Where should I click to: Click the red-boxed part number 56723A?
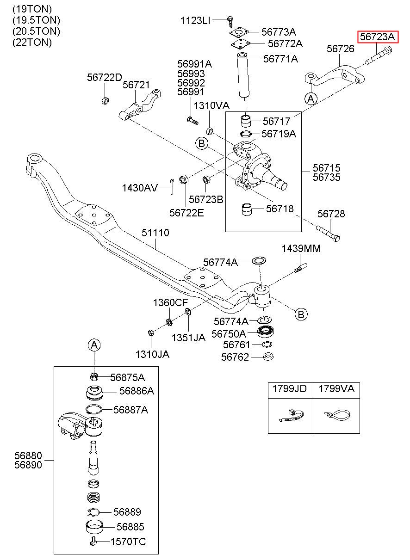377,37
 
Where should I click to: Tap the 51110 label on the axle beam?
155,233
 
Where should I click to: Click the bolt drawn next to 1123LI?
230,22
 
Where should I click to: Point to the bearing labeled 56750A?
266,332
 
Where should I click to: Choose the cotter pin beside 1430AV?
171,186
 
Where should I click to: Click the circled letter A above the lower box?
94,345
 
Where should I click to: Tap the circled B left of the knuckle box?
202,143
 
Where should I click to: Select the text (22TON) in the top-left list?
32,42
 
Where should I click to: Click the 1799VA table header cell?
337,390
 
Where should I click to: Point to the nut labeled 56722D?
105,100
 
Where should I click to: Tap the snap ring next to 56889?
93,512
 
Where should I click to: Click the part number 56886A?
137,391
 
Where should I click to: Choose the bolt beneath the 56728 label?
328,233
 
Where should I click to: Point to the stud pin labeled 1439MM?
300,268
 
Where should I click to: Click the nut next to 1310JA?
151,332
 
